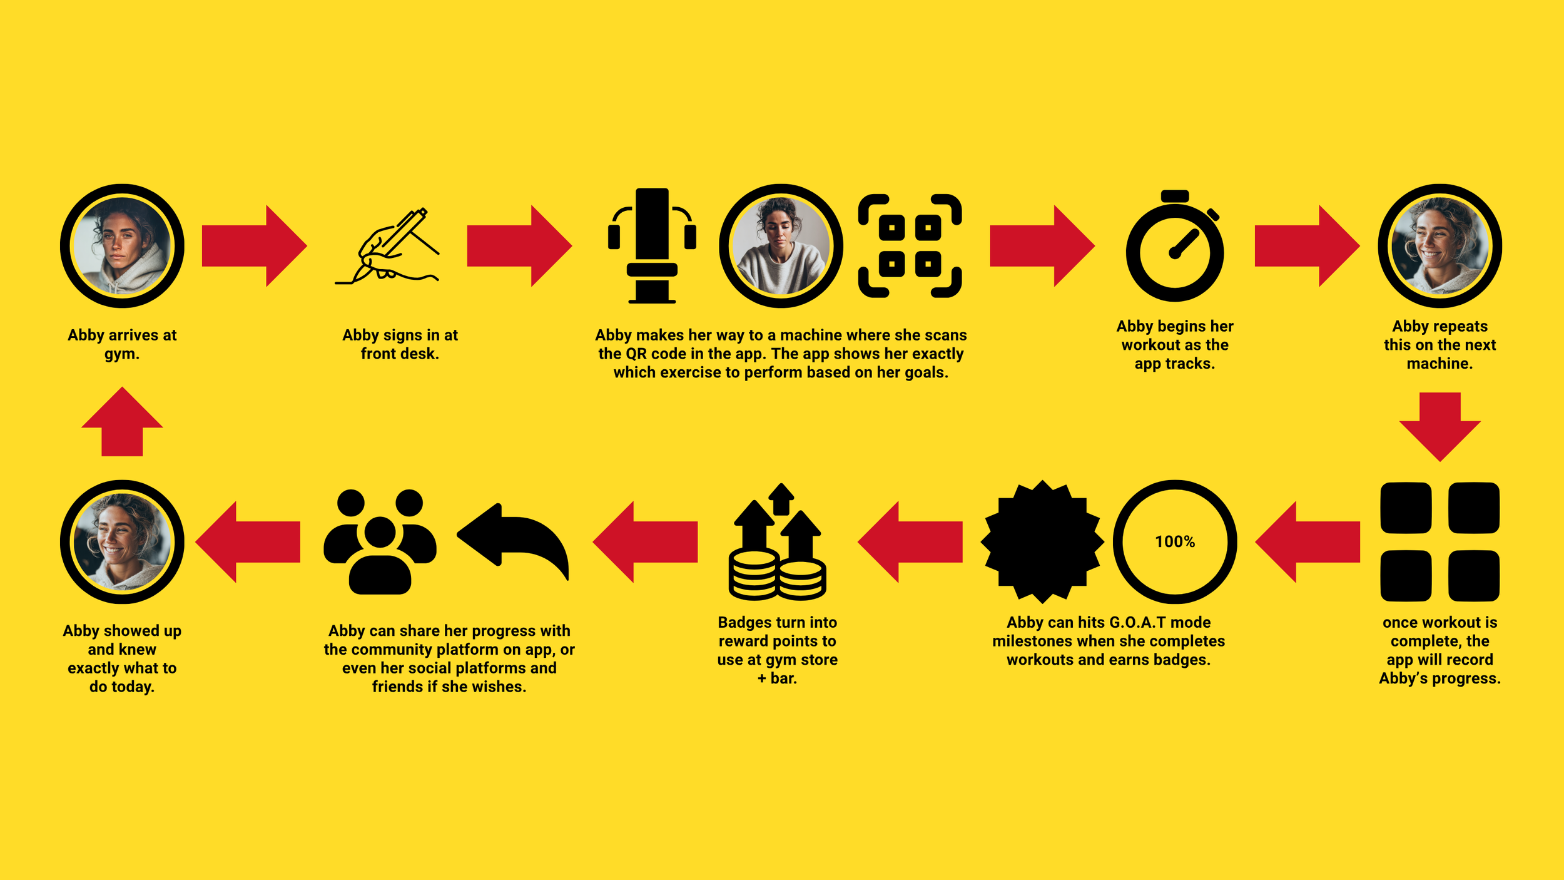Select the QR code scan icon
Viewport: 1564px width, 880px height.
pos(910,246)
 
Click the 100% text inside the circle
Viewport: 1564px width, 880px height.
pos(1175,541)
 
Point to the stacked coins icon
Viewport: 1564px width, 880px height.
pos(777,541)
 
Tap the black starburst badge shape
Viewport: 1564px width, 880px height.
pos(1042,541)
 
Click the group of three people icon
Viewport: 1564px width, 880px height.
pos(380,541)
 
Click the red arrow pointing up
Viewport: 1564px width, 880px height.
pos(122,421)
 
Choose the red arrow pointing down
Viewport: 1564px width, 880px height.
pos(1440,427)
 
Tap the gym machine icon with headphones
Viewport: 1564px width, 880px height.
pos(652,246)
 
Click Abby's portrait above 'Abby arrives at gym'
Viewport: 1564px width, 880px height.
pos(122,246)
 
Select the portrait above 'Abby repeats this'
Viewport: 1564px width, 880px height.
pos(1440,246)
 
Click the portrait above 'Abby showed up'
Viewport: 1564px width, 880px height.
pos(122,542)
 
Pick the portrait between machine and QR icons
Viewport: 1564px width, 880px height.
pos(781,246)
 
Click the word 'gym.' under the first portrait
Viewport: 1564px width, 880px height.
pos(122,354)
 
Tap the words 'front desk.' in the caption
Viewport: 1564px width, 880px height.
pos(400,354)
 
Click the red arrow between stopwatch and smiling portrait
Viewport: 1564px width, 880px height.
pos(1307,246)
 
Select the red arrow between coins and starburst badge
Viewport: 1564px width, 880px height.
pos(910,542)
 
